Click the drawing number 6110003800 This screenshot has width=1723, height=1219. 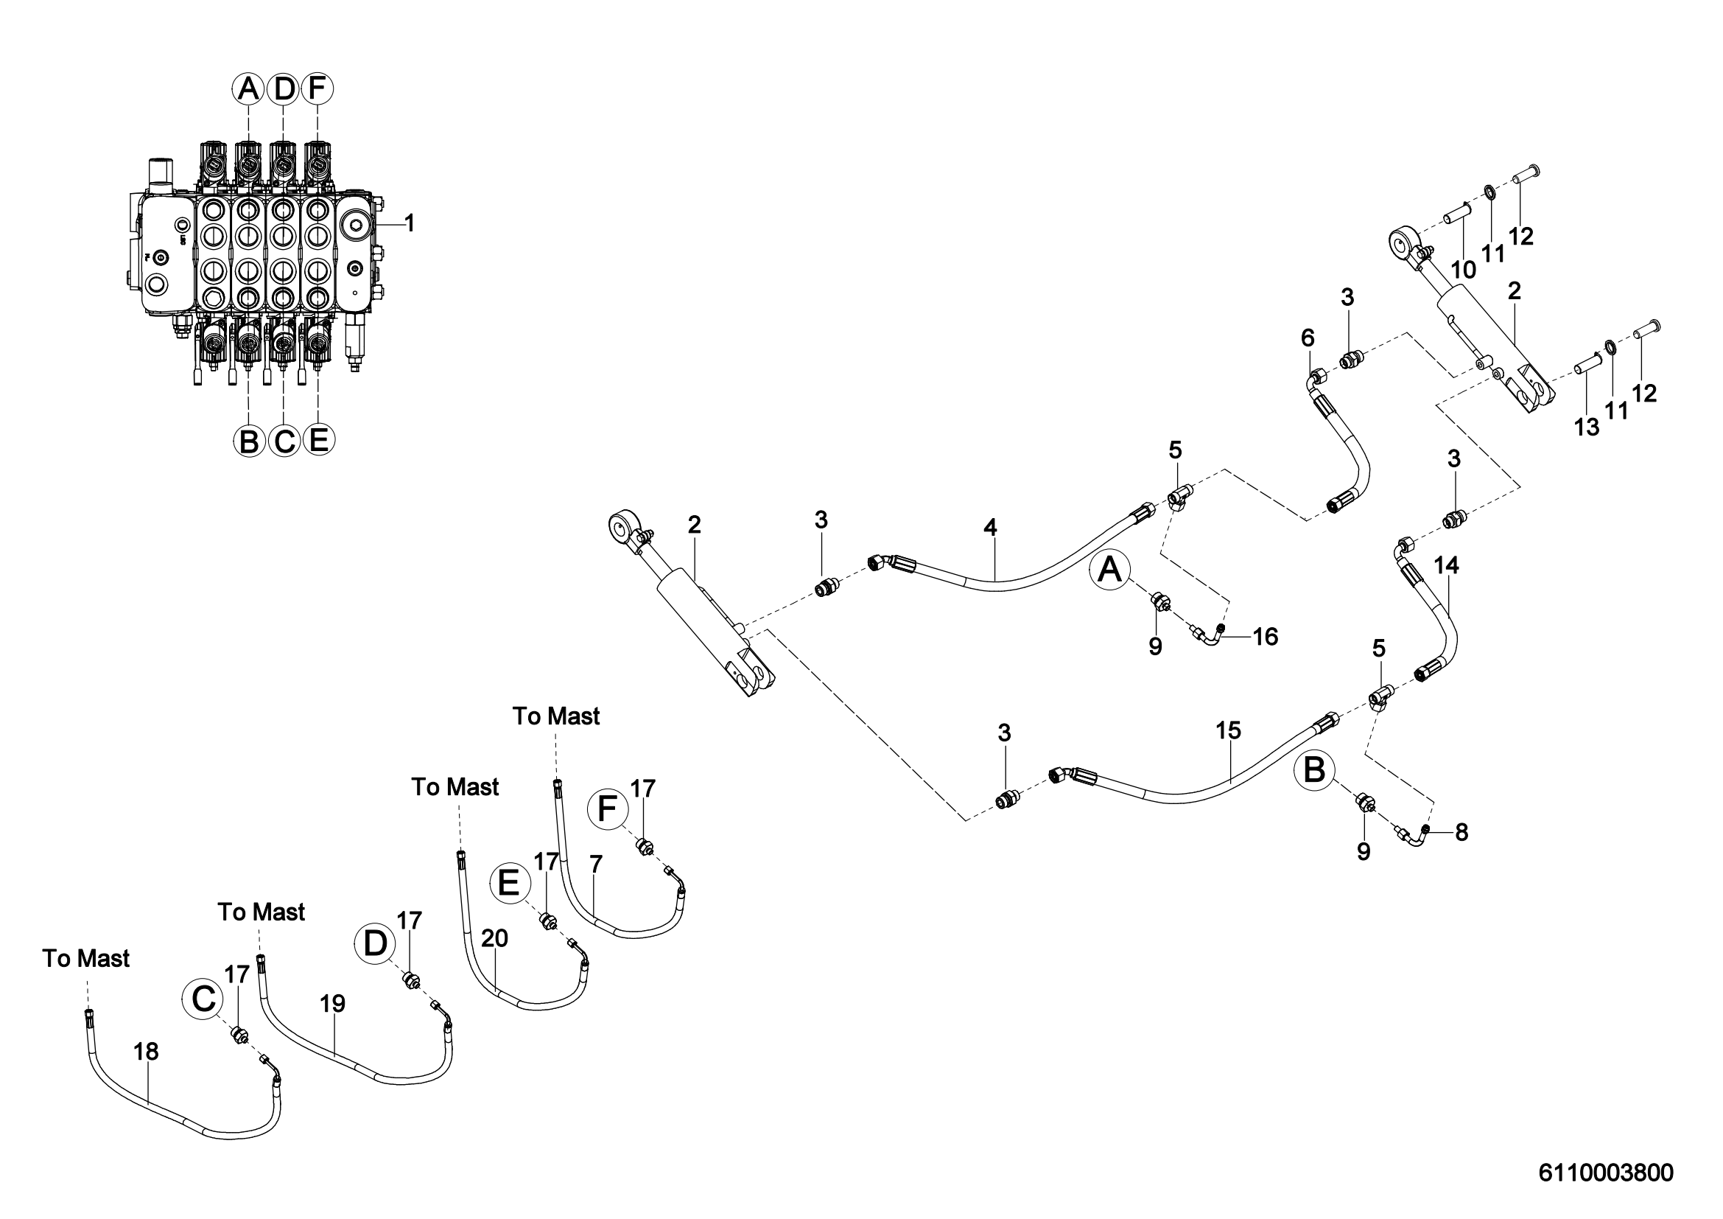coord(1606,1173)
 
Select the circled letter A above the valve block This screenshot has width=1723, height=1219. coord(248,89)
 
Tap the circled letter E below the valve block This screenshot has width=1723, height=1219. coord(318,439)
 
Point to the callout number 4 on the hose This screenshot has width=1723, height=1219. coord(991,528)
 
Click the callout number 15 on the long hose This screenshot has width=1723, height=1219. coord(1229,730)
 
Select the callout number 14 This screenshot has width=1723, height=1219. coord(1446,565)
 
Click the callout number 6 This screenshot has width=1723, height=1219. coord(1308,338)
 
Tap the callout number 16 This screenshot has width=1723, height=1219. coord(1266,637)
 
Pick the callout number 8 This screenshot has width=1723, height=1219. coord(1461,831)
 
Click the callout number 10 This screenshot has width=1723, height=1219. coord(1464,270)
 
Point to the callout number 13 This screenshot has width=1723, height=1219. coord(1587,427)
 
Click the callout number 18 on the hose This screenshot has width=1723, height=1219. coord(147,1052)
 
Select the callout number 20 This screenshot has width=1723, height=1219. coord(495,938)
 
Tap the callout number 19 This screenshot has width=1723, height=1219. coord(332,1003)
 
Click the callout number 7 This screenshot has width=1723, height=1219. coord(596,865)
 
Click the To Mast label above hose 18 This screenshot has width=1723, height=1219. coord(86,959)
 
